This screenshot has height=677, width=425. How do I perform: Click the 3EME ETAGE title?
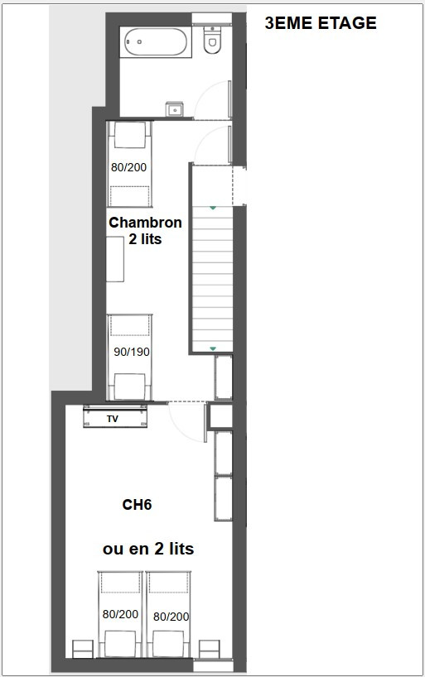point(320,23)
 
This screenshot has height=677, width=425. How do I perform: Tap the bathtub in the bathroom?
point(156,41)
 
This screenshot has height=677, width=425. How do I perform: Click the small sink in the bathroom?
point(174,108)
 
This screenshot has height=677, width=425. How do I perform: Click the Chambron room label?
point(145,222)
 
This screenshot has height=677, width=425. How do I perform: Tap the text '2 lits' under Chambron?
point(145,239)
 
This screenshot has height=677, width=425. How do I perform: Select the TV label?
point(113,419)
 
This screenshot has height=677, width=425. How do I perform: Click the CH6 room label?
point(137,504)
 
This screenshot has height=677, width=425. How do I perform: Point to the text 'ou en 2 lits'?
point(148,548)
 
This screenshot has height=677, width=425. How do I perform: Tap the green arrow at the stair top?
point(213,208)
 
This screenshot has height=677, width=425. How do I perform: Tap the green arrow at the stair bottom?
point(213,348)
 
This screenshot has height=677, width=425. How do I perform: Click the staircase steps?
point(213,277)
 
